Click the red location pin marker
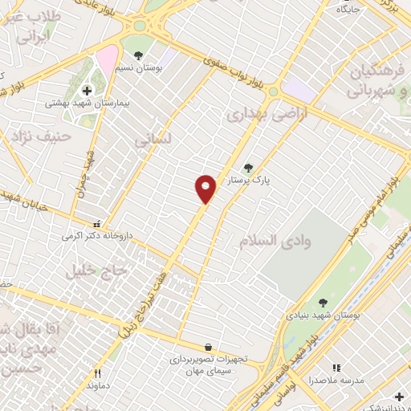coord(206,189)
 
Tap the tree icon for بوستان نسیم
coord(139,55)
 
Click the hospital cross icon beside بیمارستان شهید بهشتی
coord(87,91)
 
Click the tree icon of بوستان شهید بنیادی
coord(323,303)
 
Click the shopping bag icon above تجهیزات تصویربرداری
coord(209,347)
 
